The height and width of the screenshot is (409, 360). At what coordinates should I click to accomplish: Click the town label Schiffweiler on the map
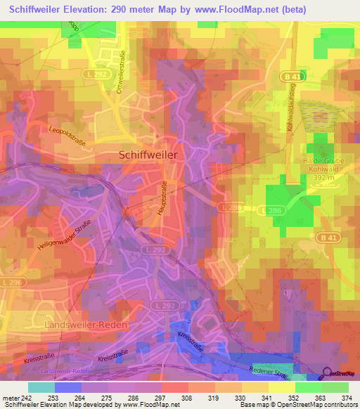click(x=148, y=154)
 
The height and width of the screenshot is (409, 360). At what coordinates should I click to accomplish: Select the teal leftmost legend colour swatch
click(x=41, y=387)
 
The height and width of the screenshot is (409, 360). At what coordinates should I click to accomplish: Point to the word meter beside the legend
click(x=11, y=397)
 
